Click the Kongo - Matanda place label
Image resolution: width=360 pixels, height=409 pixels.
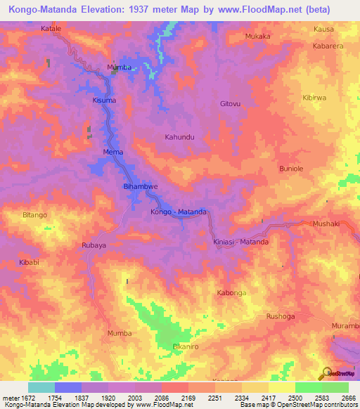click(178, 212)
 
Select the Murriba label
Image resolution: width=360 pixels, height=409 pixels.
click(119, 67)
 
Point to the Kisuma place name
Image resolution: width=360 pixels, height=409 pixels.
click(103, 101)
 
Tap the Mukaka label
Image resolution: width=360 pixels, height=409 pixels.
click(257, 36)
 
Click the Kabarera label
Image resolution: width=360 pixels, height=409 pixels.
click(328, 45)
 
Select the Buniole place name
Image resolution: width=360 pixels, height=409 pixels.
click(291, 169)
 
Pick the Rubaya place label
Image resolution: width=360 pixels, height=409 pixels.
click(94, 245)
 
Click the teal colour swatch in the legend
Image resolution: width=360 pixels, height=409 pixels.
click(41, 387)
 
